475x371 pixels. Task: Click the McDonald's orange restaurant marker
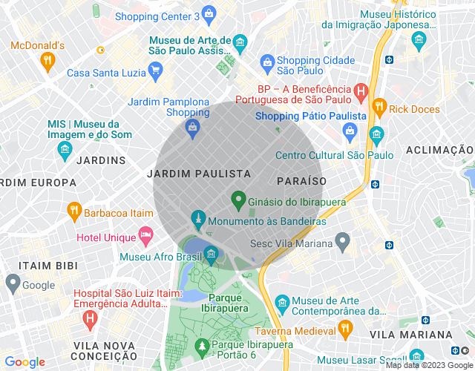click(48, 61)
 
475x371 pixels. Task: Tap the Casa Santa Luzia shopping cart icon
click(155, 71)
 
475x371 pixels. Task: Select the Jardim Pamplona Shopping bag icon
click(192, 128)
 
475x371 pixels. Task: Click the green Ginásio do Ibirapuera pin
click(238, 199)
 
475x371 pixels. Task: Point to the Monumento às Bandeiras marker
click(197, 219)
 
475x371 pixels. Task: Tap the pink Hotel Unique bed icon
click(146, 237)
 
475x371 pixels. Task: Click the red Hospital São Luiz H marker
click(90, 320)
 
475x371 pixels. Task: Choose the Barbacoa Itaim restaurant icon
click(73, 211)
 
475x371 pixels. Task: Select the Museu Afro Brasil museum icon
click(211, 255)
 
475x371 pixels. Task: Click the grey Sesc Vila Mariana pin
click(342, 241)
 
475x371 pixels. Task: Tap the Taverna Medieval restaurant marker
click(345, 328)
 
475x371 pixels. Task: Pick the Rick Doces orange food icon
click(379, 107)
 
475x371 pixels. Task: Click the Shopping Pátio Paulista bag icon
click(350, 131)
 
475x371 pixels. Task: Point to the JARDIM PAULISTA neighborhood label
click(199, 173)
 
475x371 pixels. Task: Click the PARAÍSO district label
click(301, 181)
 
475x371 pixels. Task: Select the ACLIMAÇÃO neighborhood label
click(439, 151)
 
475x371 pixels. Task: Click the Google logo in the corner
click(25, 362)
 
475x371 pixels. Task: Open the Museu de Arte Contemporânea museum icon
click(281, 303)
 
